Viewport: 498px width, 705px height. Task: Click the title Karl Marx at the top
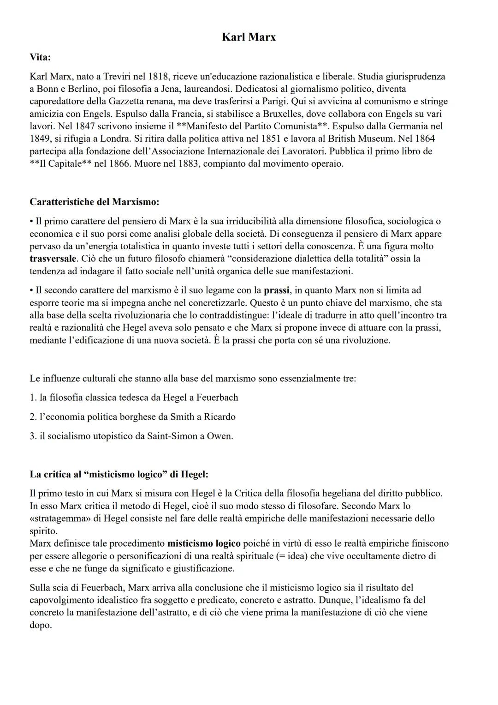point(249,37)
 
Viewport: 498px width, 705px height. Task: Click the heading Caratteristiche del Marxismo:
point(95,202)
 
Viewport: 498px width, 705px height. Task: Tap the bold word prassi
point(277,290)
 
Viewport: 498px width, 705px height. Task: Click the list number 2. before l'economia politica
point(33,417)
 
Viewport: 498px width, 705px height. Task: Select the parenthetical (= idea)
point(292,556)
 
